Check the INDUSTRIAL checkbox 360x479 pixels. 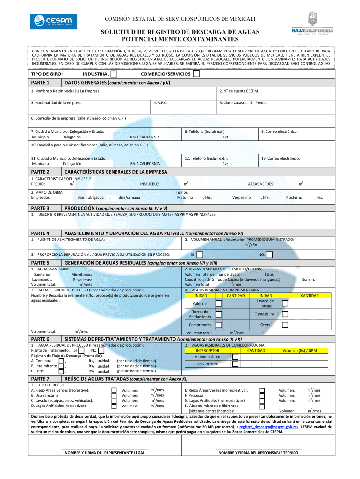(x=114, y=74)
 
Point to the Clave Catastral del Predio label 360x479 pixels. (x=243, y=102)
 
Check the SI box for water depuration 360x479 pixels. (x=200, y=255)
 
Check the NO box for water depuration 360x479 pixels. (x=269, y=255)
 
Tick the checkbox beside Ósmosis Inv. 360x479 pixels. (x=285, y=314)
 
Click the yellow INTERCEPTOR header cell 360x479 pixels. (x=207, y=350)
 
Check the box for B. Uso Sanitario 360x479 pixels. (x=114, y=395)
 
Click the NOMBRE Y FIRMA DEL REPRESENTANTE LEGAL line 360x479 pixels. (x=104, y=453)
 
